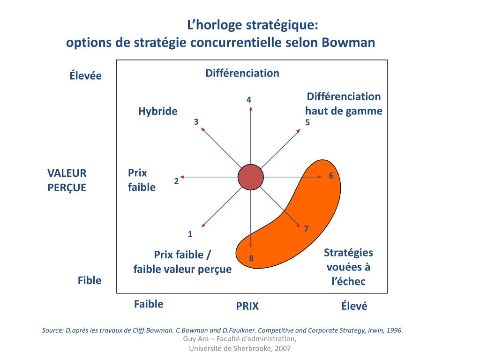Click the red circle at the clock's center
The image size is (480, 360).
click(x=251, y=177)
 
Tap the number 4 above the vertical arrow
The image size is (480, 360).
click(x=249, y=99)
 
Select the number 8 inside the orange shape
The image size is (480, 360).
click(x=251, y=258)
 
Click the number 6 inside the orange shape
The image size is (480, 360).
click(x=331, y=176)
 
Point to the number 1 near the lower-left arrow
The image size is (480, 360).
click(x=190, y=234)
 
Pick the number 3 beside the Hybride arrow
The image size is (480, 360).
click(x=196, y=122)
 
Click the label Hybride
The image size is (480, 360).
click(x=157, y=111)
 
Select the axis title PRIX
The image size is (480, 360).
click(x=247, y=306)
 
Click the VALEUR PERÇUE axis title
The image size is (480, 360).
click(x=67, y=180)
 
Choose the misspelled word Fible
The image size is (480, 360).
click(x=89, y=280)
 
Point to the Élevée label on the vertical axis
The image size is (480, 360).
click(x=86, y=75)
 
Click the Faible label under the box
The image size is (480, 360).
click(x=149, y=304)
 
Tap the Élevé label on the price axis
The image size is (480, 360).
click(x=354, y=306)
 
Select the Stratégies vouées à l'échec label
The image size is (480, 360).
click(x=348, y=267)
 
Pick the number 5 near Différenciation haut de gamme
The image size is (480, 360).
click(x=307, y=122)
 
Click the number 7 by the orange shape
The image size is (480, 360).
click(x=306, y=229)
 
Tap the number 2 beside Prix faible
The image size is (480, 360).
click(x=176, y=181)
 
